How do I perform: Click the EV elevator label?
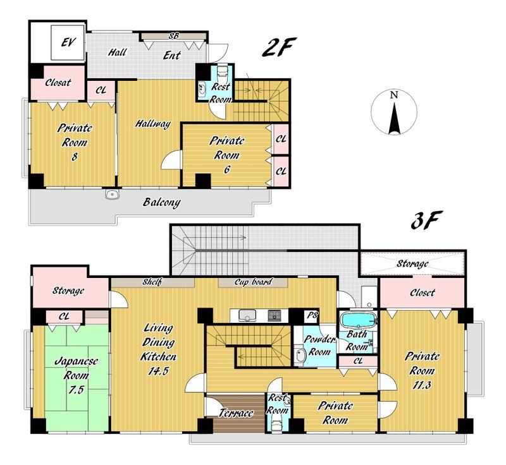point(68,42)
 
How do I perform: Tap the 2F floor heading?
point(278,47)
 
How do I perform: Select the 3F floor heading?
point(425,220)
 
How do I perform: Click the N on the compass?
point(393,95)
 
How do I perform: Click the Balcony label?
point(162,202)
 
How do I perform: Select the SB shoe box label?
point(173,36)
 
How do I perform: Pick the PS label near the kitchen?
point(312,315)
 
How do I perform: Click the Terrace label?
point(236,413)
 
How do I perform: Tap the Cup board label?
point(253,282)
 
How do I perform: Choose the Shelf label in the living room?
point(152,282)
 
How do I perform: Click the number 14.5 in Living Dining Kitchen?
point(159,371)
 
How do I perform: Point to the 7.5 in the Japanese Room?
point(76,390)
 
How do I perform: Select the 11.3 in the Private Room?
point(422,385)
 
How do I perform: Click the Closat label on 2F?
point(58,83)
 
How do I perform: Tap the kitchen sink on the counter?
point(247,315)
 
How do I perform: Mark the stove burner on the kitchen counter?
point(275,315)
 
